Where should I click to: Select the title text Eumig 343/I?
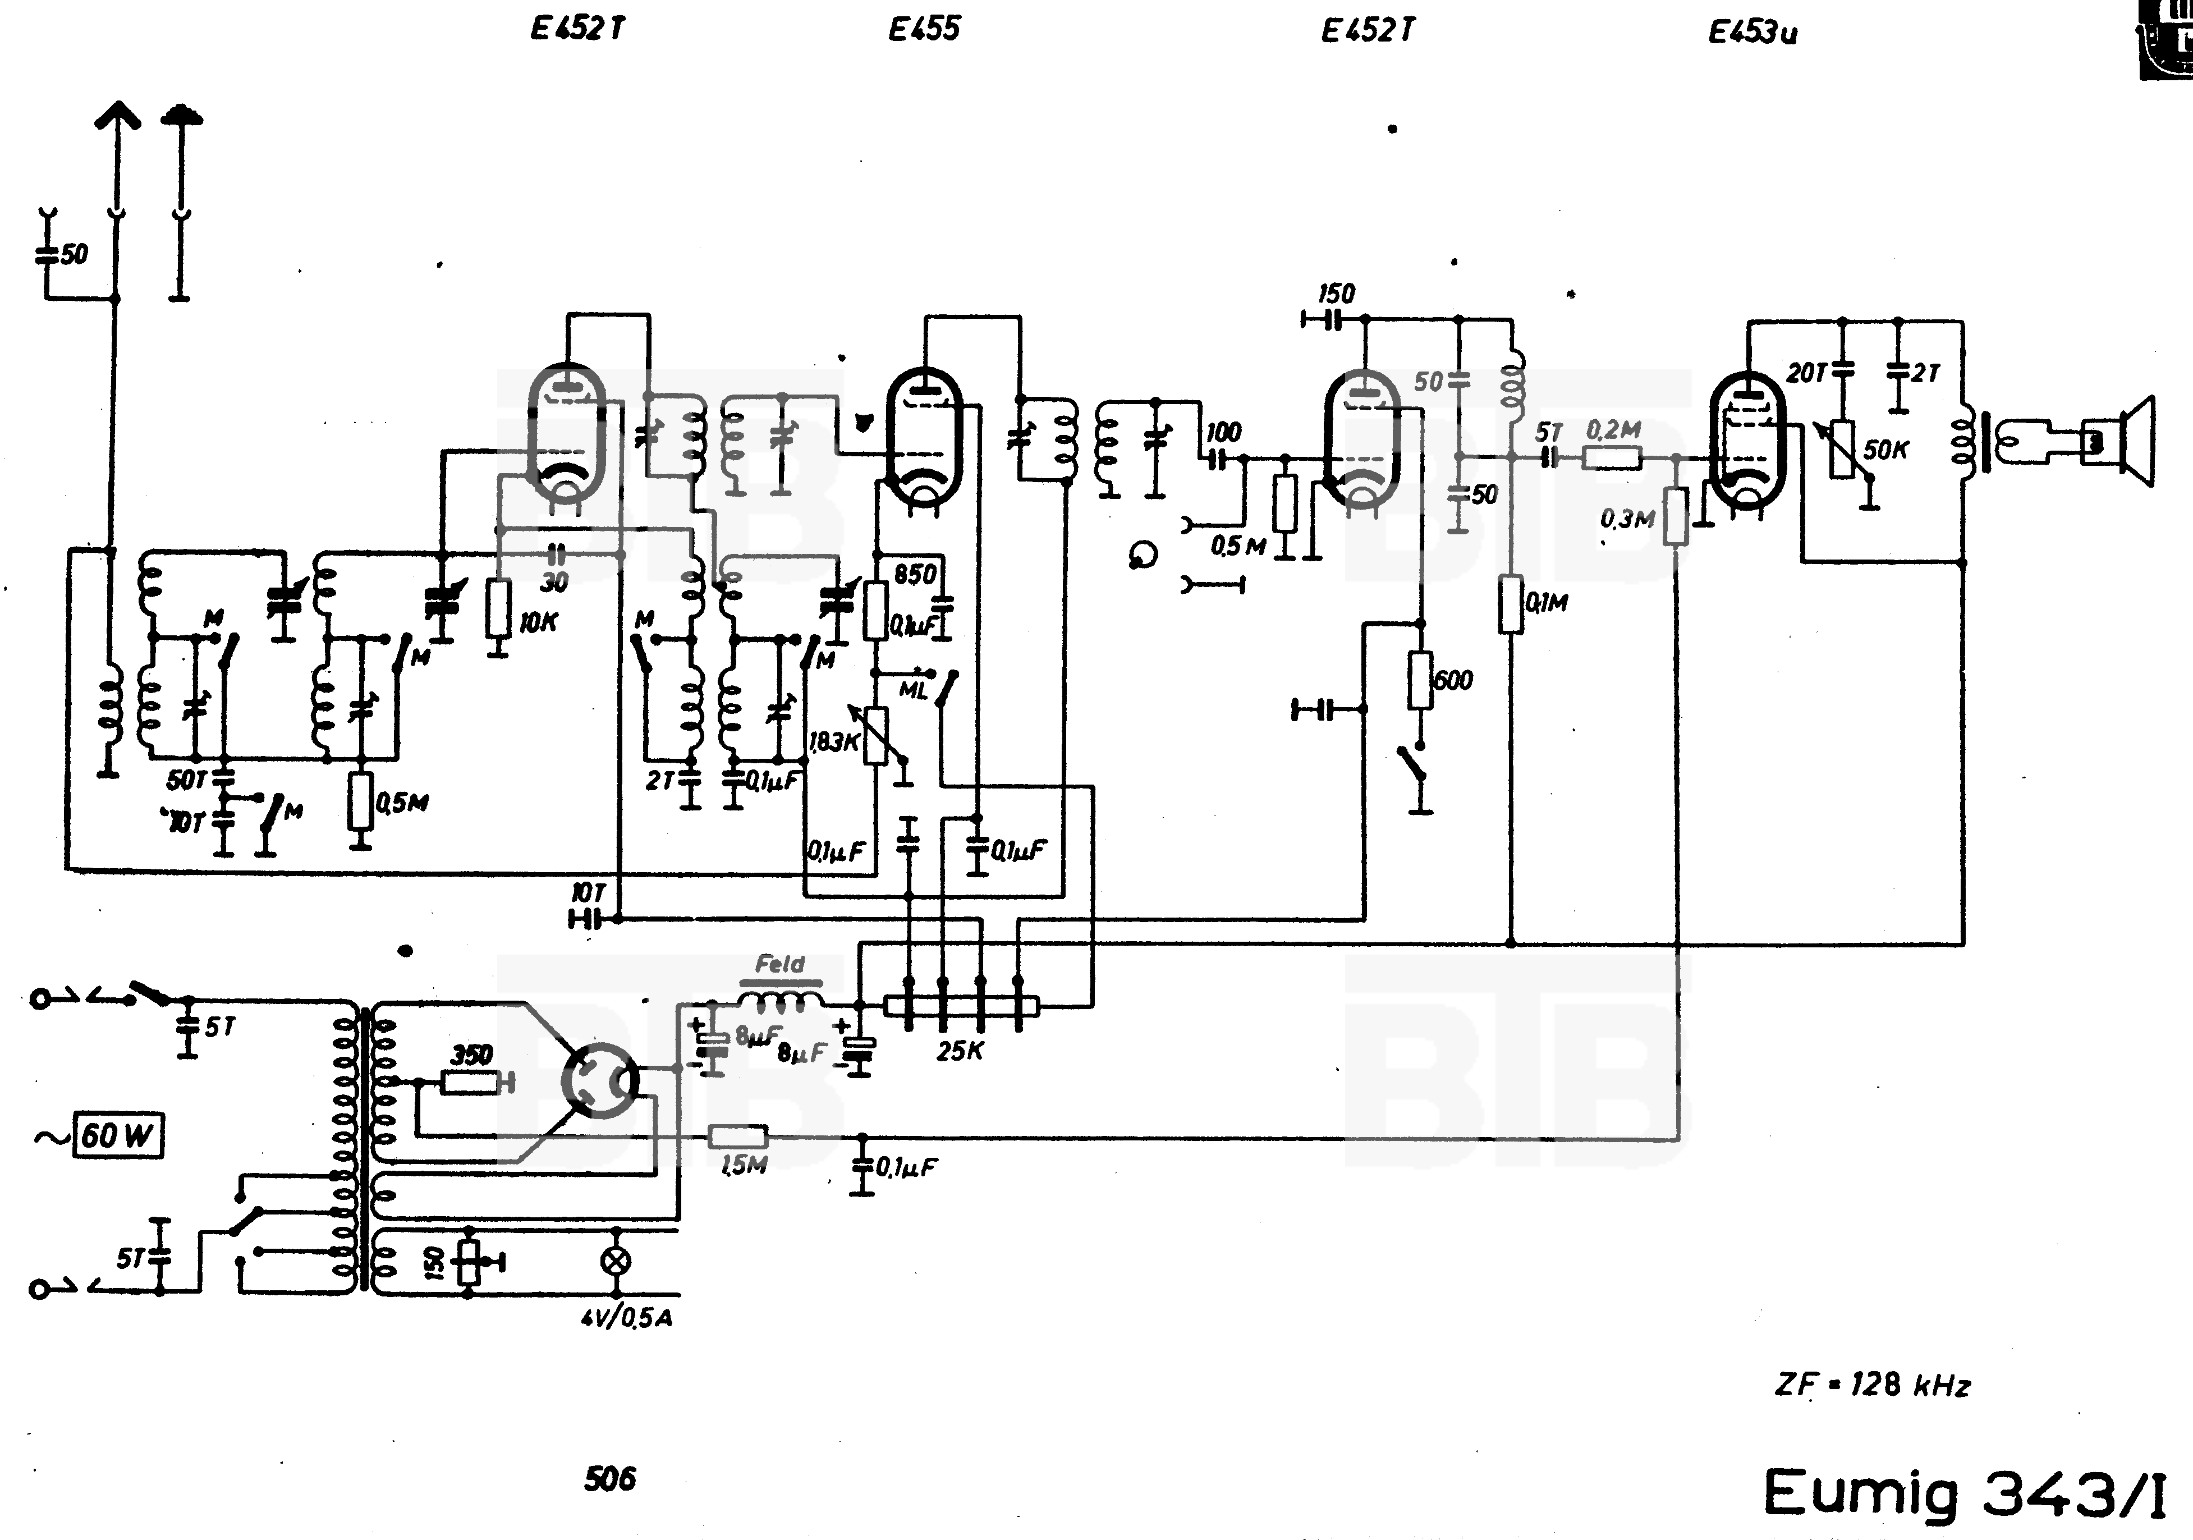click(1963, 1493)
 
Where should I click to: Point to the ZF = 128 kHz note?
click(1872, 1385)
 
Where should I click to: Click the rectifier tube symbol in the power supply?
click(599, 1080)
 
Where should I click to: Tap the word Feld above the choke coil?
click(779, 964)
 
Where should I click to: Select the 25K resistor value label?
click(959, 1051)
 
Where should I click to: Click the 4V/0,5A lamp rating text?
click(627, 1318)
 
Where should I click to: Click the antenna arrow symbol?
click(117, 120)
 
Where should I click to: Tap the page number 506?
click(609, 1479)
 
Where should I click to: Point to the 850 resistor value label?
click(914, 574)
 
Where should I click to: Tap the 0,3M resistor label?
click(1627, 519)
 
